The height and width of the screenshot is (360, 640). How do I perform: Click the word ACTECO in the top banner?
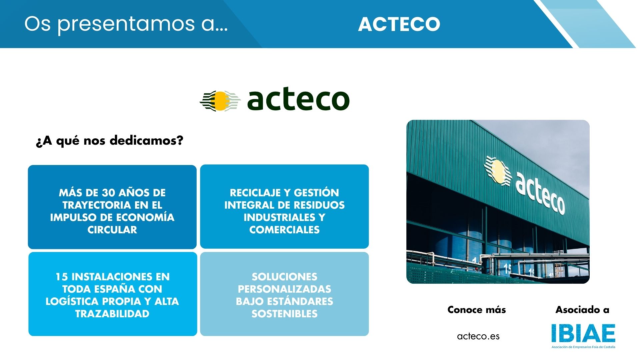pos(399,24)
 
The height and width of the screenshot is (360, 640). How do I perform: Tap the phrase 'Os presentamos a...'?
pos(126,24)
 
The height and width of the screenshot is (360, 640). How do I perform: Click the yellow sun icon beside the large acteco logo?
pos(220,101)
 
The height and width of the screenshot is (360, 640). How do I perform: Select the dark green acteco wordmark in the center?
pos(298,100)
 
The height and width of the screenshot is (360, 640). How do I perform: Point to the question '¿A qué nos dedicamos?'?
pos(110,141)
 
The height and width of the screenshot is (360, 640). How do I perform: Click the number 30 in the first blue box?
pos(108,193)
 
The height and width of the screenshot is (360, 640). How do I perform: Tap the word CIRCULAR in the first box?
pos(112,230)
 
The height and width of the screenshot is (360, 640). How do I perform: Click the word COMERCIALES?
pos(284,230)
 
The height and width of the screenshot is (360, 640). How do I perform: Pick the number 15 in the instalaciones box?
pos(62,277)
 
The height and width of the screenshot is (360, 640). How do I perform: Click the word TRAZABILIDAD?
pos(112,314)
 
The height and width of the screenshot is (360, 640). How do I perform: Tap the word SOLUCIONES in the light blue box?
pos(284,277)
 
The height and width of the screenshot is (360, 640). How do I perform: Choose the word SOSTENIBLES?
pos(284,314)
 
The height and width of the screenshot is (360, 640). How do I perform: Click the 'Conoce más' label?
pos(476,310)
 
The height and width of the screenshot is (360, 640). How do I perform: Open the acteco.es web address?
pos(478,336)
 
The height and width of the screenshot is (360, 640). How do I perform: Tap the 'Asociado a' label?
pos(582,310)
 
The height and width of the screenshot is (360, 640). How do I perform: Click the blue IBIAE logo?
pos(583,333)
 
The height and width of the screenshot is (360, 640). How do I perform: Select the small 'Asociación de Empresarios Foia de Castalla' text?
pos(583,347)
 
